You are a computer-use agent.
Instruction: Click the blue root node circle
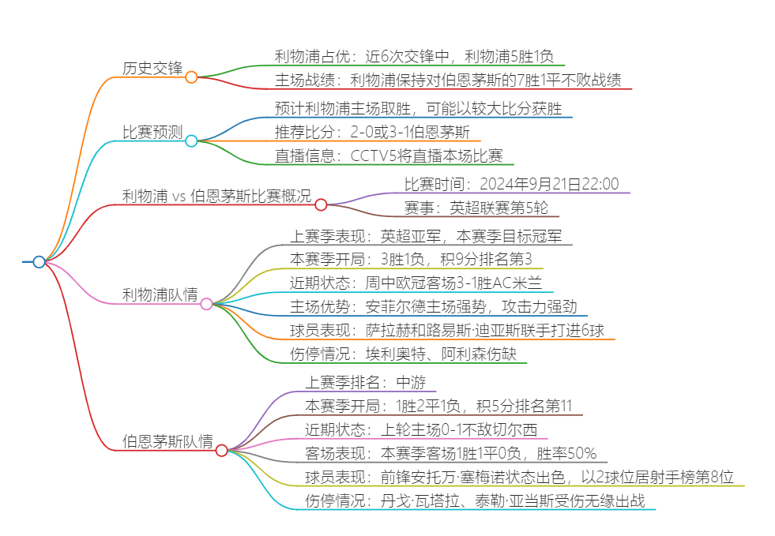point(39,262)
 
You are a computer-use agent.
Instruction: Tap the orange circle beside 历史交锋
point(191,77)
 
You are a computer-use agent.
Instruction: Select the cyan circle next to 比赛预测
point(191,141)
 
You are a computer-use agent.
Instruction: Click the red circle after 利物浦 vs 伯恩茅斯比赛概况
point(321,205)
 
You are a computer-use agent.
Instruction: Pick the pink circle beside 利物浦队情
point(206,304)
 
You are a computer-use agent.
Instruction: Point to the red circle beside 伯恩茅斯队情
point(222,451)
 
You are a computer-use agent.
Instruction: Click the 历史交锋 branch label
point(152,68)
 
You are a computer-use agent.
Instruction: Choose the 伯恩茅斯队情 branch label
point(167,441)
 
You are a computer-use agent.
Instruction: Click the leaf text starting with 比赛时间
point(511,184)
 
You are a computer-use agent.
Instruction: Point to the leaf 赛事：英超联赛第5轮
point(476,208)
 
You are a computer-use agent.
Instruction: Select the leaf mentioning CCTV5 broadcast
point(389,156)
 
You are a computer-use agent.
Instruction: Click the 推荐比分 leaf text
point(372,131)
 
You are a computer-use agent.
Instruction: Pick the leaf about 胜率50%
point(450,453)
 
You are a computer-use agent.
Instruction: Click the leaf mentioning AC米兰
point(416,283)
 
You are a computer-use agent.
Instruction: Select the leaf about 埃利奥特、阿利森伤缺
point(403,354)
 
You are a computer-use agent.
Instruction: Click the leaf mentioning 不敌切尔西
point(421,429)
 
